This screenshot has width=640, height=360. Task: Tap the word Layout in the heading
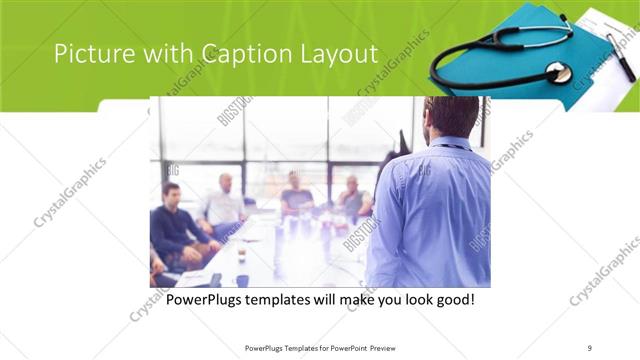click(x=336, y=54)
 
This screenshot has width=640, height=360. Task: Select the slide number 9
click(x=590, y=348)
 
